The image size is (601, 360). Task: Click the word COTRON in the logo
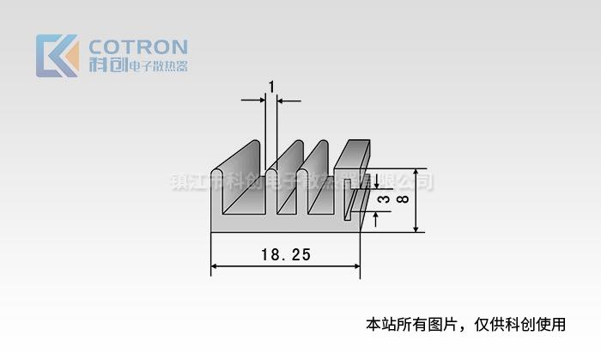(x=138, y=46)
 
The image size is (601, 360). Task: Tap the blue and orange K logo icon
(x=57, y=56)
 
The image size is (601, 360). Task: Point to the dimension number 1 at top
(x=271, y=87)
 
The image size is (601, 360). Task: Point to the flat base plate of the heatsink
(x=283, y=222)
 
